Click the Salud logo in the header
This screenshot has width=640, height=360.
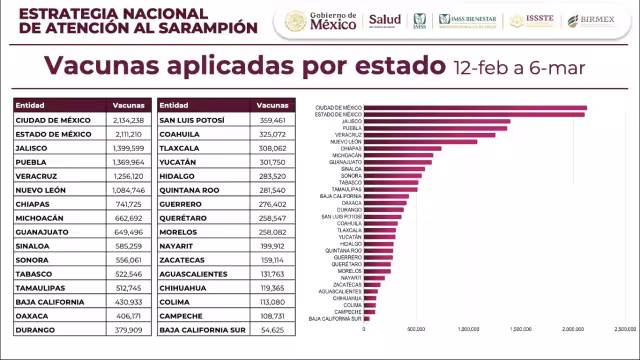385,20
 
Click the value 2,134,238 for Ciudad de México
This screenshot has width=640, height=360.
127,120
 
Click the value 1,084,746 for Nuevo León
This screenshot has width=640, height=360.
127,189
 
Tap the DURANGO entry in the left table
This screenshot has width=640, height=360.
38,328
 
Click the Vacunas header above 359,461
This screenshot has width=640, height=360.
272,104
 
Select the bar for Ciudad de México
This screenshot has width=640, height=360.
475,107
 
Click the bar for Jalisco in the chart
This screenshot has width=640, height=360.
437,121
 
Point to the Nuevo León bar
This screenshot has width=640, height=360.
420,142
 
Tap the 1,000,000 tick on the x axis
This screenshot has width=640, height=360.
468,328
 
